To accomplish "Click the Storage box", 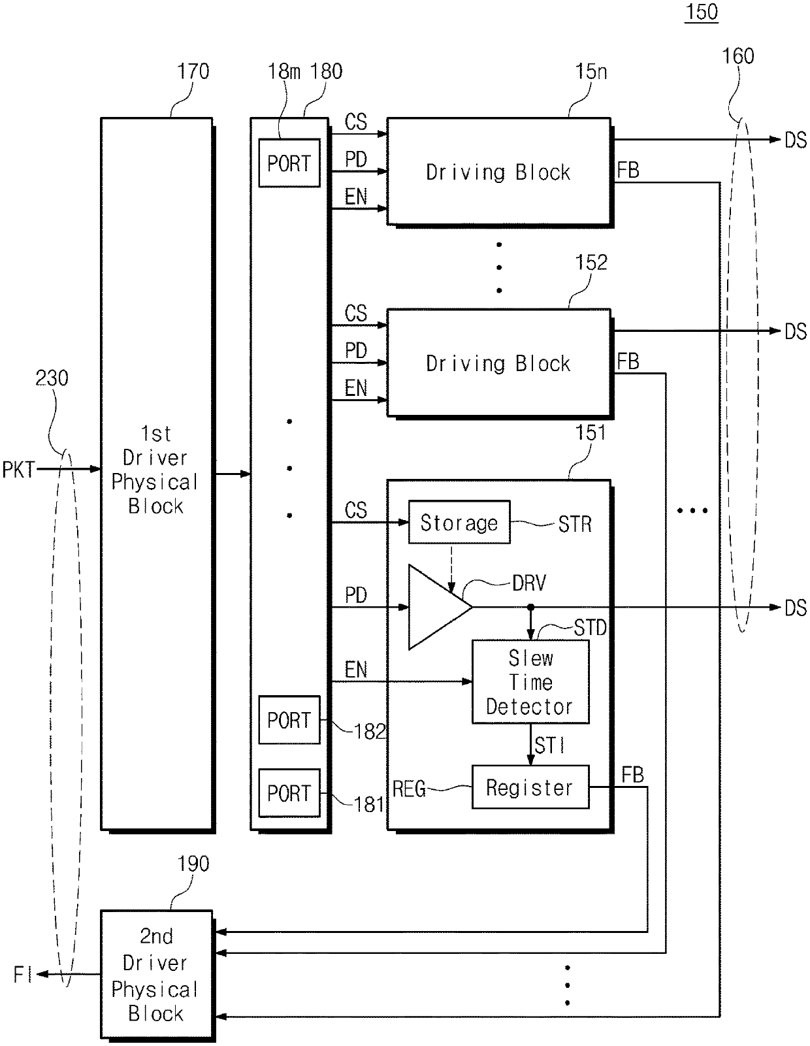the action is (x=459, y=522).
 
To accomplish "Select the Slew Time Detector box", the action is (x=530, y=681).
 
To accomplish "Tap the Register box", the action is (x=530, y=787).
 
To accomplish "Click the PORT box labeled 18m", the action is (x=289, y=163).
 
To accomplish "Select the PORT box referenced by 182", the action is (x=289, y=720).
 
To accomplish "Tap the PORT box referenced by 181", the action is (x=289, y=793).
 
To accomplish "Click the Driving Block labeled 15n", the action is (x=499, y=171).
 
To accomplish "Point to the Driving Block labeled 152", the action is (x=499, y=363).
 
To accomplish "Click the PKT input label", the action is (x=18, y=469).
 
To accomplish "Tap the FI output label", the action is (x=23, y=975).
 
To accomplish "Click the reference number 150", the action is (x=702, y=12).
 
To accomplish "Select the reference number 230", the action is (x=52, y=378).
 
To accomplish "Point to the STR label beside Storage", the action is (x=575, y=524).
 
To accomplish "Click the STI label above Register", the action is (x=549, y=745).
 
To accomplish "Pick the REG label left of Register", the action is (x=409, y=789).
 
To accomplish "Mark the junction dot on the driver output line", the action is (x=531, y=608).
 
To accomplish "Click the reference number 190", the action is (x=193, y=864).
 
